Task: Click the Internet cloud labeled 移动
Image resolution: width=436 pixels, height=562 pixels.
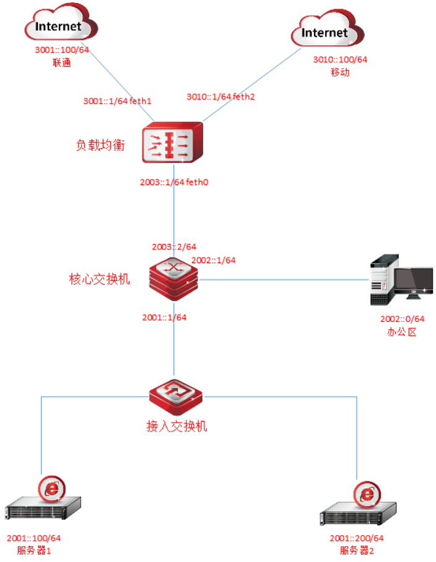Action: click(328, 28)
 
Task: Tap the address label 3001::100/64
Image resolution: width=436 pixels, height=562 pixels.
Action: click(62, 50)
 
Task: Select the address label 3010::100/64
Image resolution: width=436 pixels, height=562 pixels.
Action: click(340, 59)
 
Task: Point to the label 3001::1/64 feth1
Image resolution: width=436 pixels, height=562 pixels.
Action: click(117, 101)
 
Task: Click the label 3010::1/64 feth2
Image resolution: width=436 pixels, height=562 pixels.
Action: click(220, 97)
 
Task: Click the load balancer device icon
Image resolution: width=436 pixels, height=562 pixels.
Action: click(172, 142)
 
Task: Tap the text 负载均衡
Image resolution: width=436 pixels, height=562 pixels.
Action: click(100, 145)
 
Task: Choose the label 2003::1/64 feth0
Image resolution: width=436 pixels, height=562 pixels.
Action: click(174, 182)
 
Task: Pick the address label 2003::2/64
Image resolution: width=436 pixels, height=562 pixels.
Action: click(174, 246)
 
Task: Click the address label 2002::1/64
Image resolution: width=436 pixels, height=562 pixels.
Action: click(213, 260)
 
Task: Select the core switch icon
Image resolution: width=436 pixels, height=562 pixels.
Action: click(173, 279)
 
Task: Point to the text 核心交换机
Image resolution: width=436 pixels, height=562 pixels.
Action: click(99, 279)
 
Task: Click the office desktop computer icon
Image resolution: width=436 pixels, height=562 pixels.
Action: click(401, 280)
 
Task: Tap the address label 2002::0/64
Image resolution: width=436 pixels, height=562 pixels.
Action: click(403, 319)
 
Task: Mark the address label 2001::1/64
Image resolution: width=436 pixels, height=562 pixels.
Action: click(164, 317)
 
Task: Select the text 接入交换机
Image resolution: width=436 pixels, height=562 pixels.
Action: click(177, 426)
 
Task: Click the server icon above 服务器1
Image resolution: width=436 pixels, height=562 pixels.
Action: click(43, 498)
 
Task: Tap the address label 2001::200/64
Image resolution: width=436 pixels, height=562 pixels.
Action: click(356, 538)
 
